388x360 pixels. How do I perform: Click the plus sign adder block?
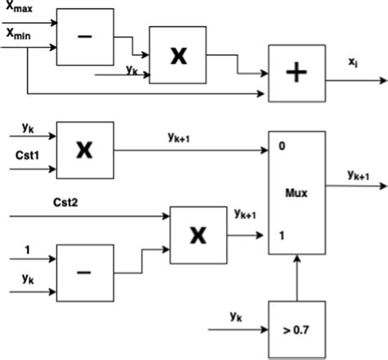coord(296,73)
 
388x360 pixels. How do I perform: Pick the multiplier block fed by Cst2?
coord(197,234)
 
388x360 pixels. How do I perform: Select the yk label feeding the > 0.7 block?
coord(235,315)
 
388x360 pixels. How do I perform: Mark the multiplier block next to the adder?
coord(177,55)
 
